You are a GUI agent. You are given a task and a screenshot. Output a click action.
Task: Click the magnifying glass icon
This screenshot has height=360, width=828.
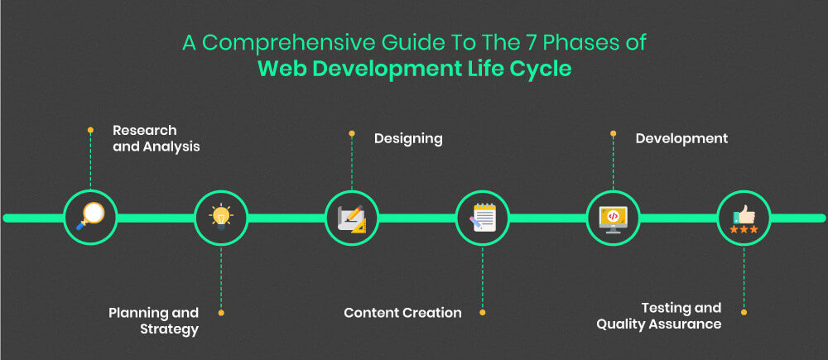pyautogui.click(x=90, y=217)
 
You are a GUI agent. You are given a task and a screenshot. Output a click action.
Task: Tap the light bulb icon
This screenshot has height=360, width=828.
pyautogui.click(x=221, y=218)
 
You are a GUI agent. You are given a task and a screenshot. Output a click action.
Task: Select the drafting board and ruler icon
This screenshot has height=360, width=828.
pyautogui.click(x=351, y=218)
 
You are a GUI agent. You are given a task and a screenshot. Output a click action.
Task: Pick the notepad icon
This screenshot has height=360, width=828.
pyautogui.click(x=482, y=218)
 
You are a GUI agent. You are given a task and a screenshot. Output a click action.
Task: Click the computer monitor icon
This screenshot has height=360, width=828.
pyautogui.click(x=613, y=218)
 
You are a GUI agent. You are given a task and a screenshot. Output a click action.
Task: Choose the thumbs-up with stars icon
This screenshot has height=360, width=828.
pyautogui.click(x=744, y=219)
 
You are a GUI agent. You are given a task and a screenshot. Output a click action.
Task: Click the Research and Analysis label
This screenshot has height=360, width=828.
pyautogui.click(x=156, y=138)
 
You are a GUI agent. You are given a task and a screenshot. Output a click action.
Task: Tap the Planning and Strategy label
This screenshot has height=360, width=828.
pyautogui.click(x=154, y=321)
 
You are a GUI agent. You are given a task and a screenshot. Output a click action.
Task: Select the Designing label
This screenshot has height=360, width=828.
pyautogui.click(x=408, y=139)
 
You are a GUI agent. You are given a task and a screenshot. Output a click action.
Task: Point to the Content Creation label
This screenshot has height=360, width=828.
pyautogui.click(x=403, y=313)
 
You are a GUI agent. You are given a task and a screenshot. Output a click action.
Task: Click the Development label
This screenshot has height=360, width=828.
pyautogui.click(x=681, y=138)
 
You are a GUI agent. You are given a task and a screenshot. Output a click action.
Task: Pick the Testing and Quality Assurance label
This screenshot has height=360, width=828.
pyautogui.click(x=659, y=315)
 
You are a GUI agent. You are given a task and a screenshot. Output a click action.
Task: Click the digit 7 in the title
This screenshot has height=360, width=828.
pyautogui.click(x=508, y=43)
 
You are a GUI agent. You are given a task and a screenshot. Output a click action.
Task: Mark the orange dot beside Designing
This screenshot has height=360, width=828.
pyautogui.click(x=352, y=133)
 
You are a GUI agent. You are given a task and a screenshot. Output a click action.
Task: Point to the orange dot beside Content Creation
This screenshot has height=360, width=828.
pyautogui.click(x=482, y=313)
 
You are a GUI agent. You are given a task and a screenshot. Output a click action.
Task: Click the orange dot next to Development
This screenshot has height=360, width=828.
pyautogui.click(x=613, y=133)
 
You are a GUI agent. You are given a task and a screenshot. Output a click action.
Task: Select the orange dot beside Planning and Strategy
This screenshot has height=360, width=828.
pyautogui.click(x=221, y=313)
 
